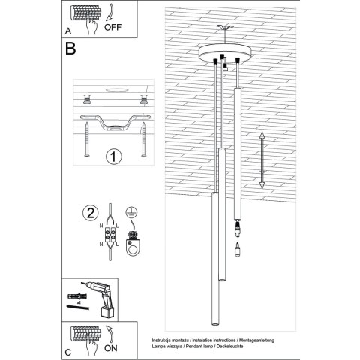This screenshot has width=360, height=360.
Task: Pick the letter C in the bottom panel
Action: coord(69,351)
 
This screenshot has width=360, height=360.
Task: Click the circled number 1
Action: coord(113,157)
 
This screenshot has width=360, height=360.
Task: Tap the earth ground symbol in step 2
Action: coord(132,212)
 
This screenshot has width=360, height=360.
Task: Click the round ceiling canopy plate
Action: coord(223,56)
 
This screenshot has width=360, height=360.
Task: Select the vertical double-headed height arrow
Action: coord(262,161)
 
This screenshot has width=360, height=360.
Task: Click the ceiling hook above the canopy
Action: coord(223,31)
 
